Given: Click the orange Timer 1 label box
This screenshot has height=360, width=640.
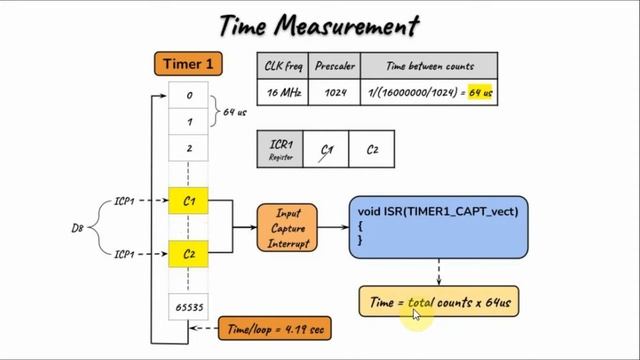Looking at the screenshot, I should click(188, 64).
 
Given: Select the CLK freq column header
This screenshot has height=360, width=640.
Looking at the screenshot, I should click(282, 66).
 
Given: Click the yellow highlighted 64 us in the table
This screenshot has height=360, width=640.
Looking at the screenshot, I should click(481, 93).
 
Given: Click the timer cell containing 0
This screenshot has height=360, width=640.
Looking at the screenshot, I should click(188, 97).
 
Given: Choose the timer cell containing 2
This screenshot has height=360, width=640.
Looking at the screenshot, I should click(188, 147).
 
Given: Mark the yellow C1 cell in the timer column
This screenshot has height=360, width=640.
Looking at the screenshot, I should click(188, 202).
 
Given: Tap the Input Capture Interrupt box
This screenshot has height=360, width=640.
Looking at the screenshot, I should click(287, 228).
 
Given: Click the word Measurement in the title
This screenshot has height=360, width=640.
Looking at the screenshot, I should click(353, 24).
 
